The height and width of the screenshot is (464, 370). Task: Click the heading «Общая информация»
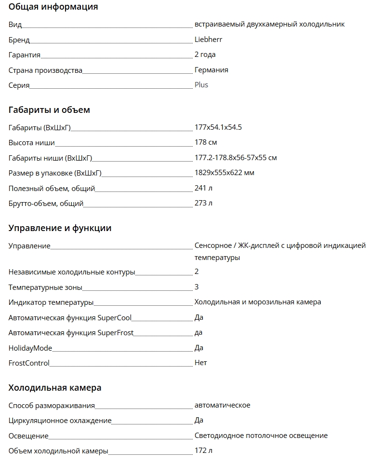[x=53, y=7]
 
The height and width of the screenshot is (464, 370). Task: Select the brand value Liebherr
[x=208, y=40]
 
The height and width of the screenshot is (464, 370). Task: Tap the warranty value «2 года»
[x=205, y=55]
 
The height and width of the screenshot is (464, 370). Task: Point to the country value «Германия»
[x=211, y=70]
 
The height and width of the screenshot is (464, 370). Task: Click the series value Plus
[x=201, y=85]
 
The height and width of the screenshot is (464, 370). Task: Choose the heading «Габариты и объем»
[x=49, y=110]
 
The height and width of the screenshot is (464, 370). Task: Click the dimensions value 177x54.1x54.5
[x=218, y=127]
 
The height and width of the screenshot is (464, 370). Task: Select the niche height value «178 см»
[x=206, y=142]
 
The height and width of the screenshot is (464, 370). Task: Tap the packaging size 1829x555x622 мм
[x=224, y=173]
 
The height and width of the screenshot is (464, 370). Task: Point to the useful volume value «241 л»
[x=203, y=188]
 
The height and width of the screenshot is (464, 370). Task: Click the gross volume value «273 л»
[x=203, y=203]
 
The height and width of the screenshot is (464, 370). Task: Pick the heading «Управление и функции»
[x=60, y=228]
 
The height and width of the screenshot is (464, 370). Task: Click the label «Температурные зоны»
[x=45, y=287]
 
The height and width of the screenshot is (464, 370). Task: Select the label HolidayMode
[x=30, y=348]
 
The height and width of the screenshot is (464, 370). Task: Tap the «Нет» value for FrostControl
[x=200, y=363]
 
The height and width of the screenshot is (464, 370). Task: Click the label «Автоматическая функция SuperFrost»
[x=71, y=333]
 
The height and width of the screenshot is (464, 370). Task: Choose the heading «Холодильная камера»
[x=54, y=388]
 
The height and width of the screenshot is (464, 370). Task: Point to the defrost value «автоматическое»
[x=222, y=405]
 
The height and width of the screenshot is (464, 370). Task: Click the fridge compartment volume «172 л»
[x=203, y=450]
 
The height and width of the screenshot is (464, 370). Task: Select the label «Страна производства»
[x=45, y=70]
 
